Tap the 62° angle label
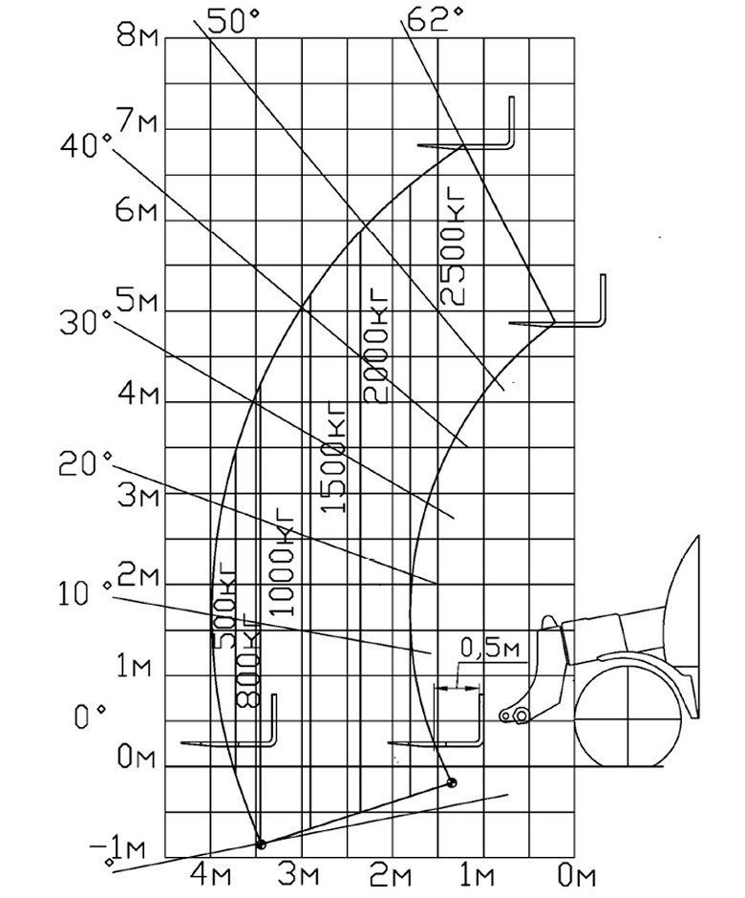(x=434, y=19)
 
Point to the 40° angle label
(x=87, y=145)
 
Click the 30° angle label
(x=86, y=323)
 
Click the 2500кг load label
(x=454, y=249)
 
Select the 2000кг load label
(x=375, y=350)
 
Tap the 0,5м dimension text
(x=490, y=648)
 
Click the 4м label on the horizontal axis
(x=213, y=876)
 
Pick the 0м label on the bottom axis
(x=577, y=876)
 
